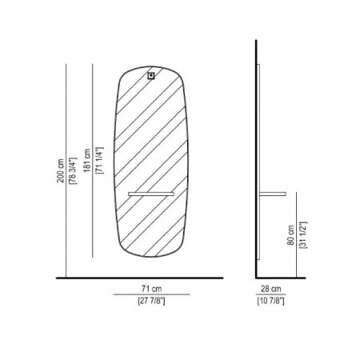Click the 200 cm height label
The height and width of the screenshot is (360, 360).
tap(61, 170)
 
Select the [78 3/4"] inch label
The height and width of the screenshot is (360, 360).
tap(73, 170)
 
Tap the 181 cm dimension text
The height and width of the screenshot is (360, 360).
tap(87, 160)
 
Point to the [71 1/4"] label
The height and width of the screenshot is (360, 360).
tap(99, 160)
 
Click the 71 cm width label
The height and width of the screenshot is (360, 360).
tap(151, 289)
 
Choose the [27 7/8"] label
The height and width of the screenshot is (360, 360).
tap(151, 301)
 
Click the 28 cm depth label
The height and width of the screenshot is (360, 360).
tap(271, 289)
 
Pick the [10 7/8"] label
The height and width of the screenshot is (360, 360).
tap(271, 301)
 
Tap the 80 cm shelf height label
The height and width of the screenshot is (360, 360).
tap(290, 235)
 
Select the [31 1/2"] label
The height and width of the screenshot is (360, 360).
tap(303, 235)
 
